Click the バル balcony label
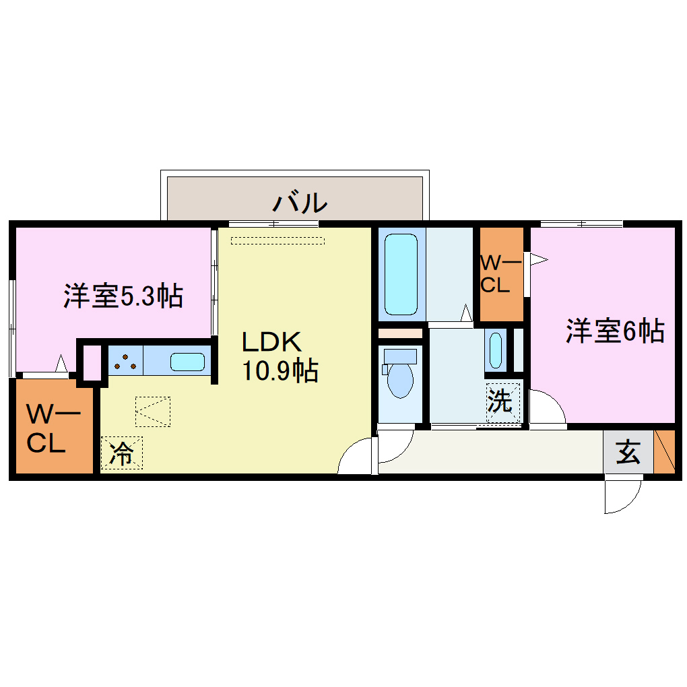tap(300, 201)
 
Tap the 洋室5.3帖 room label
tap(123, 296)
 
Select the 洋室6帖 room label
tap(615, 331)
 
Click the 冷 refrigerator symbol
tap(121, 453)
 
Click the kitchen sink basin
tap(187, 362)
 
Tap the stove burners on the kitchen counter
tap(125, 362)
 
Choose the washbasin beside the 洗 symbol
tap(495, 349)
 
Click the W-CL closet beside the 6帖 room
tap(500, 275)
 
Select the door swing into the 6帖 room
tap(546, 407)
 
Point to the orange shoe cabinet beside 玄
tap(664, 451)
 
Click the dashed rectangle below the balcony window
tap(277, 240)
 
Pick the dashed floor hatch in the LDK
tap(153, 412)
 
